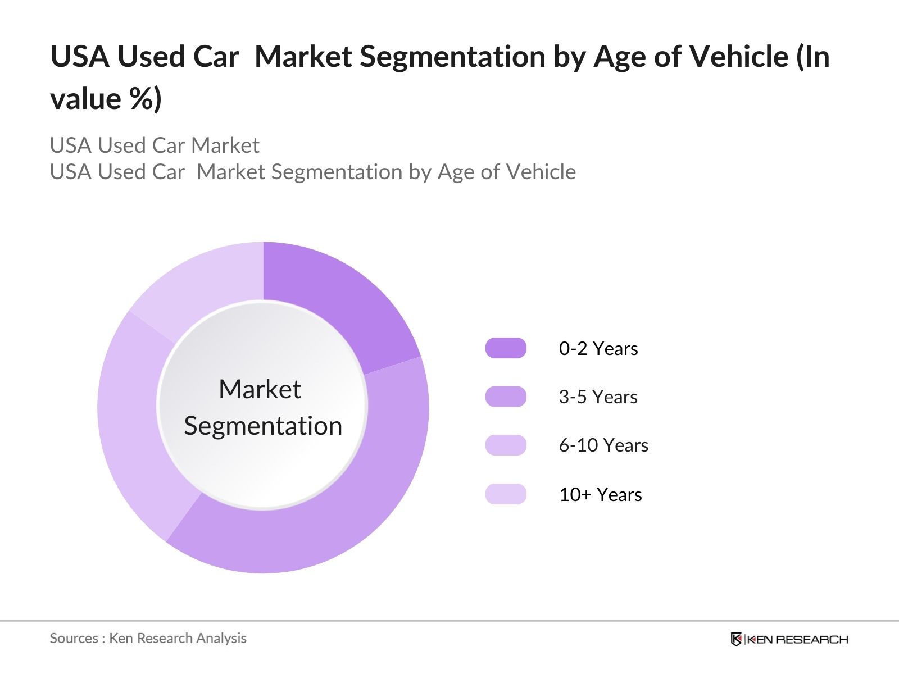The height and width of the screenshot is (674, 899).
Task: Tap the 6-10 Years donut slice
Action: [x=135, y=427]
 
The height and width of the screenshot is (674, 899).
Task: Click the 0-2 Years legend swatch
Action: [x=506, y=348]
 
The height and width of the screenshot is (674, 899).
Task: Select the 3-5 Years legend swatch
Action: [x=506, y=397]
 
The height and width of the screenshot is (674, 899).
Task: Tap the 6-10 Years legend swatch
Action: [x=506, y=445]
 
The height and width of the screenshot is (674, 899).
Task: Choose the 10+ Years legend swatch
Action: [x=506, y=494]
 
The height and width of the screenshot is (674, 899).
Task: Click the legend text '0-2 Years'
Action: [x=598, y=349]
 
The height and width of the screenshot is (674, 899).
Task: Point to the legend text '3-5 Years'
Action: [x=598, y=397]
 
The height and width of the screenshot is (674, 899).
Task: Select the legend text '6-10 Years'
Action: [x=603, y=445]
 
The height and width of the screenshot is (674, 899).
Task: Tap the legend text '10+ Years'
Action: [x=600, y=495]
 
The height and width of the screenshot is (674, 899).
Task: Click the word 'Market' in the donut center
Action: [x=260, y=389]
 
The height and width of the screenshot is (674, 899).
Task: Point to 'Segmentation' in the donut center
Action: [x=263, y=426]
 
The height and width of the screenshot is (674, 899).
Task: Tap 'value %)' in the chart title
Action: [x=106, y=99]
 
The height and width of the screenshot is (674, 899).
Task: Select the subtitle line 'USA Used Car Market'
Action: [x=155, y=145]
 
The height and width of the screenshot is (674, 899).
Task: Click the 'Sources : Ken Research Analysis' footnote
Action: [x=148, y=638]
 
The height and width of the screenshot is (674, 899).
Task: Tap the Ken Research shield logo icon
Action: [x=736, y=639]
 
